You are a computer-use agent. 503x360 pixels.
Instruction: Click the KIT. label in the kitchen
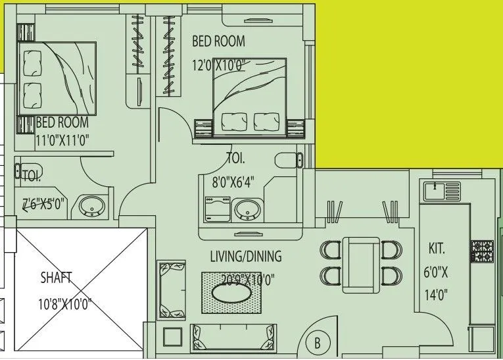point(437,249)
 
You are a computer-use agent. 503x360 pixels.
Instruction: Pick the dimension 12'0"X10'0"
point(218,64)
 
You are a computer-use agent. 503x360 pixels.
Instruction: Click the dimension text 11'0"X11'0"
point(62,140)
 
